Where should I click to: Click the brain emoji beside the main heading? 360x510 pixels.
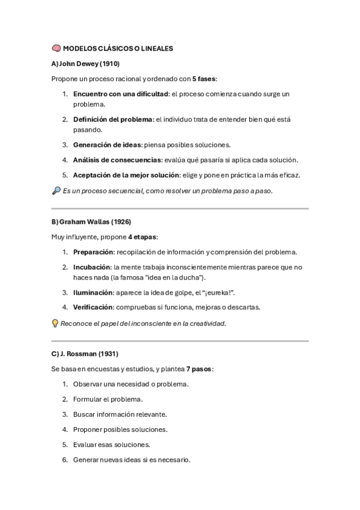pyautogui.click(x=56, y=48)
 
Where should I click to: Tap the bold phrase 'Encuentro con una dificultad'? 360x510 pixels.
pyautogui.click(x=120, y=94)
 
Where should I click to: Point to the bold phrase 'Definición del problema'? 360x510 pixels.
pyautogui.click(x=113, y=120)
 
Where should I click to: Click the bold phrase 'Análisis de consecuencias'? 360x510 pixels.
pyautogui.click(x=117, y=160)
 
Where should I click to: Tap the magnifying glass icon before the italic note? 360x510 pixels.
pyautogui.click(x=56, y=191)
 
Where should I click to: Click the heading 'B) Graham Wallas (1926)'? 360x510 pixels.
pyautogui.click(x=91, y=222)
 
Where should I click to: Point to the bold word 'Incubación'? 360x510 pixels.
pyautogui.click(x=92, y=267)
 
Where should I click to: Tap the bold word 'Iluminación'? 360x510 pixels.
pyautogui.click(x=93, y=292)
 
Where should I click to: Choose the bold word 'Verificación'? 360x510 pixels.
pyautogui.click(x=93, y=307)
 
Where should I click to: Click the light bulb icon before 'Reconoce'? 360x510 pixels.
pyautogui.click(x=55, y=324)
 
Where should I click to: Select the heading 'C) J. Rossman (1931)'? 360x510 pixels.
pyautogui.click(x=85, y=354)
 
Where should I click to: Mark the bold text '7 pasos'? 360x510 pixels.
pyautogui.click(x=199, y=369)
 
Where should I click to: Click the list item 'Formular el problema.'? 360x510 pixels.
pyautogui.click(x=108, y=399)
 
